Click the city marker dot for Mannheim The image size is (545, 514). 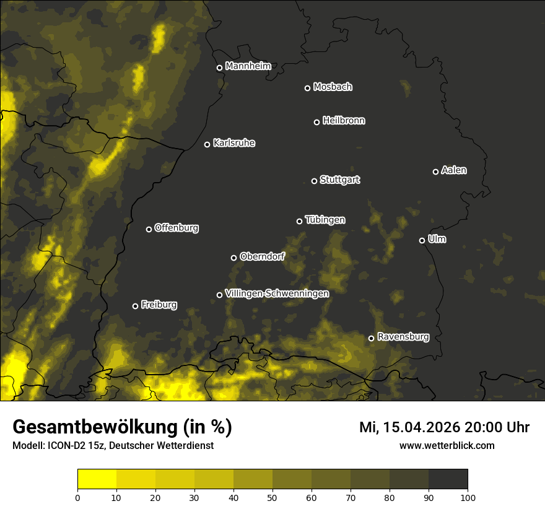click(219, 68)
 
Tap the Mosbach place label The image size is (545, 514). click(333, 87)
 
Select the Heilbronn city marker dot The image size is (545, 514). click(316, 122)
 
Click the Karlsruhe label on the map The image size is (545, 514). click(234, 143)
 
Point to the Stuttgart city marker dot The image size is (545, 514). click(314, 181)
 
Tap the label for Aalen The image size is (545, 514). click(454, 170)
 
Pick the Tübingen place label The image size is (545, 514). click(325, 220)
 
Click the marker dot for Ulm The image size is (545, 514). click(422, 240)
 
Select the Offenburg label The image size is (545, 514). click(177, 228)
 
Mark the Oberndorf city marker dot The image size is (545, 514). click(233, 258)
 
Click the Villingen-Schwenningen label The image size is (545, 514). click(277, 294)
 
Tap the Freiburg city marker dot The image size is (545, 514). click(135, 306)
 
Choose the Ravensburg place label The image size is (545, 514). click(403, 337)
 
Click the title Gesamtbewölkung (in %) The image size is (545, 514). click(123, 427)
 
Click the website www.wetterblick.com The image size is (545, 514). click(447, 445)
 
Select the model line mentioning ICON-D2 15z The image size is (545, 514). click(113, 446)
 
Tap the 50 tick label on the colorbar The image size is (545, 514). click(272, 497)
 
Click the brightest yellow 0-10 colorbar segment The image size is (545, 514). click(97, 479)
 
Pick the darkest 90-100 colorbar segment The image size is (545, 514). click(448, 479)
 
